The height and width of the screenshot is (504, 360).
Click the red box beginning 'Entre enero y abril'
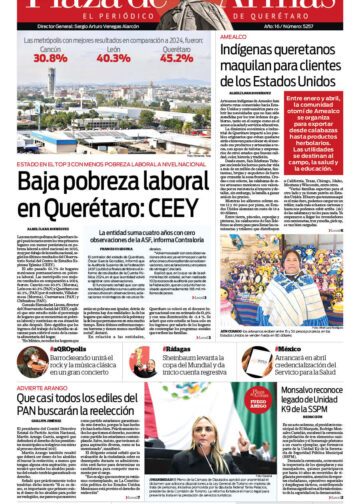click(322, 142)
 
